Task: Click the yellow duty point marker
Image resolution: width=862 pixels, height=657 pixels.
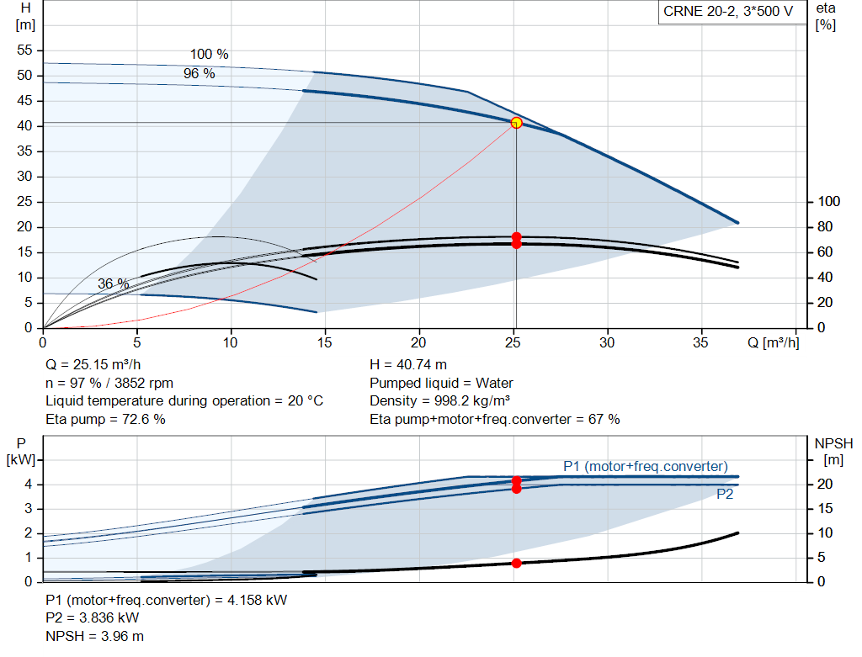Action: pyautogui.click(x=516, y=123)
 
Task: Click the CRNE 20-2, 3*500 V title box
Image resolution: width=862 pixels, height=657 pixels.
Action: pyautogui.click(x=728, y=12)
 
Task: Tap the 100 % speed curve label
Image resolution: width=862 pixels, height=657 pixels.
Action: pyautogui.click(x=209, y=54)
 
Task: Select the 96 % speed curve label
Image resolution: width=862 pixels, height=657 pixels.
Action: pyautogui.click(x=200, y=74)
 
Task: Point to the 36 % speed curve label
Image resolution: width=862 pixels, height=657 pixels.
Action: pyautogui.click(x=114, y=284)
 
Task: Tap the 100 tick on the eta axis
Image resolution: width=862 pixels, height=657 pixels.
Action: pyautogui.click(x=829, y=202)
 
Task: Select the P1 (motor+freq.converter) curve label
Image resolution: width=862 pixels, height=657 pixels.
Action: pyautogui.click(x=646, y=466)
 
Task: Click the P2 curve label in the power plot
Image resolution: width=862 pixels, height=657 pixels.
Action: pyautogui.click(x=725, y=495)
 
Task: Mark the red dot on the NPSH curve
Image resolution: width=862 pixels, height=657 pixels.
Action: pyautogui.click(x=516, y=563)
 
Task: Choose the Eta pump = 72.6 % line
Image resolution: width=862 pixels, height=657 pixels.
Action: pyautogui.click(x=105, y=419)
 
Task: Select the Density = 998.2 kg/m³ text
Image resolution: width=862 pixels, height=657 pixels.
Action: pyautogui.click(x=440, y=400)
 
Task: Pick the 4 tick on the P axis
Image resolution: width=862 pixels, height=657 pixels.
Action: pyautogui.click(x=28, y=485)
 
